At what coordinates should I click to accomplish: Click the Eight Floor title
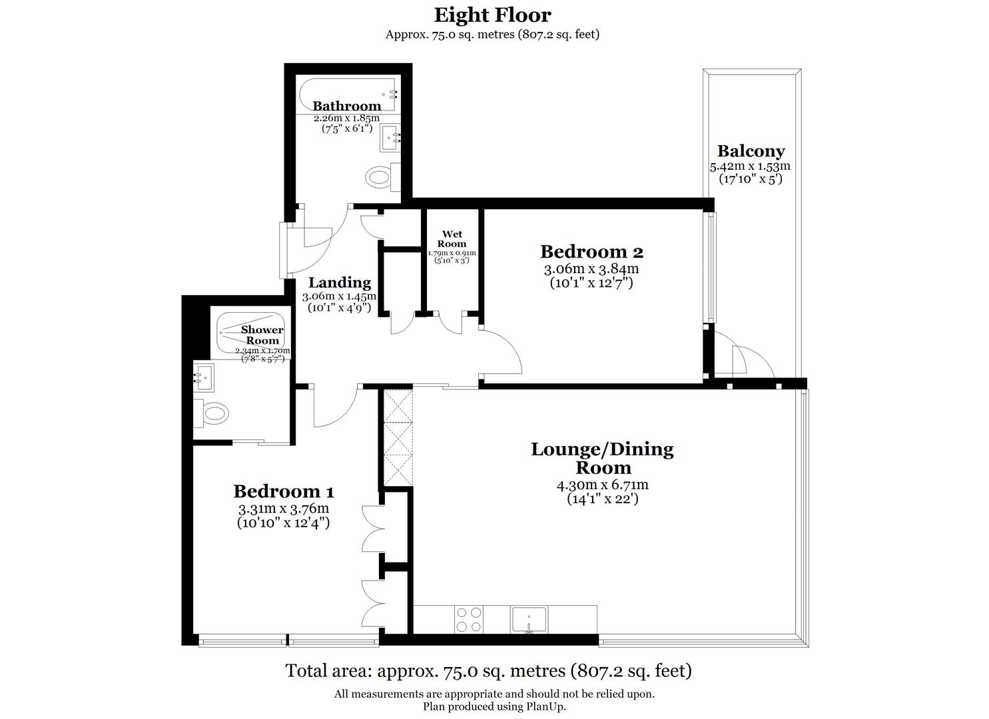[492, 15]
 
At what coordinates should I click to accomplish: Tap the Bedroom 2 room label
[591, 252]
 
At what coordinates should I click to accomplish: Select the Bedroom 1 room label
[283, 491]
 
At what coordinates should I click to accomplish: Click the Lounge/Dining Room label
[602, 458]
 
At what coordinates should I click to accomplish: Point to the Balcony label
[751, 151]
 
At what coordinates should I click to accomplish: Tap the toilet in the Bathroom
[379, 177]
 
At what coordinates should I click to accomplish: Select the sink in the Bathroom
[390, 138]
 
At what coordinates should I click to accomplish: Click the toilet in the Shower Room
[214, 413]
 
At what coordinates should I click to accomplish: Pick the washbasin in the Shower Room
[204, 377]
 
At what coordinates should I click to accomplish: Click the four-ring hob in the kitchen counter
[468, 619]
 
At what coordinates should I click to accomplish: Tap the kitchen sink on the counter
[529, 620]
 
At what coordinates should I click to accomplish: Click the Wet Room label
[452, 239]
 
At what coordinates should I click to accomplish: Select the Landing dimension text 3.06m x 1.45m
[339, 296]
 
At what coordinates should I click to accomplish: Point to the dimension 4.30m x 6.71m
[602, 485]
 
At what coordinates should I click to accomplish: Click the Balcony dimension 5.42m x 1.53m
[751, 166]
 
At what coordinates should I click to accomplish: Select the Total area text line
[488, 670]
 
